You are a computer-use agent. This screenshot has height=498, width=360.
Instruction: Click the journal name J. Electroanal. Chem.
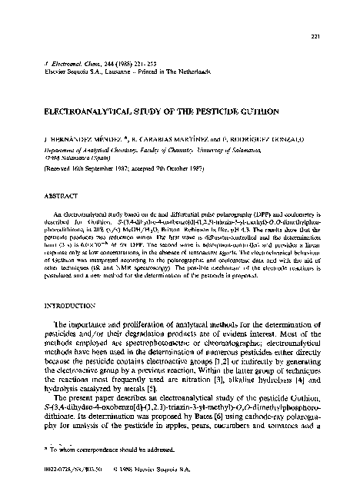pos(70,61)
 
